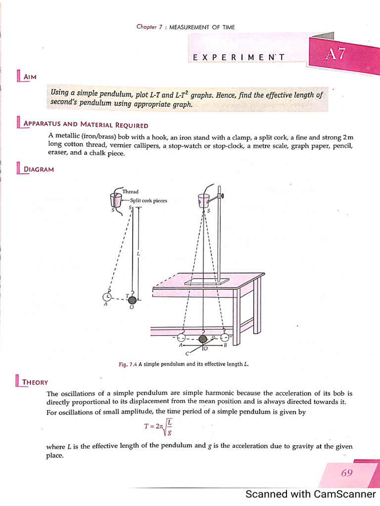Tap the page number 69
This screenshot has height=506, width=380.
pos(347,473)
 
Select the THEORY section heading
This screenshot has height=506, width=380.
pos(35,381)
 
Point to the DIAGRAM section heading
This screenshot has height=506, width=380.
pos(39,169)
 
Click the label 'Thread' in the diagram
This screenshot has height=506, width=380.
pos(131,192)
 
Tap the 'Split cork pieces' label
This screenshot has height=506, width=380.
pos(148,201)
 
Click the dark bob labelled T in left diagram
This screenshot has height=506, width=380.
pos(132,299)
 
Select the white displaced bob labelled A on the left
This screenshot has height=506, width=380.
pos(107,296)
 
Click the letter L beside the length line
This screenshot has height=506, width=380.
pos(139,253)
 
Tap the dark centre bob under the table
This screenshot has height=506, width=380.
pos(203,339)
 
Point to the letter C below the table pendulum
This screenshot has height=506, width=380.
pos(187,354)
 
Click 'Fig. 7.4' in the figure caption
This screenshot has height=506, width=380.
pos(128,365)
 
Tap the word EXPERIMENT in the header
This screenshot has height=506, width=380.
pos(238,57)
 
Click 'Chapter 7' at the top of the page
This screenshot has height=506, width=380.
pos(149,27)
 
